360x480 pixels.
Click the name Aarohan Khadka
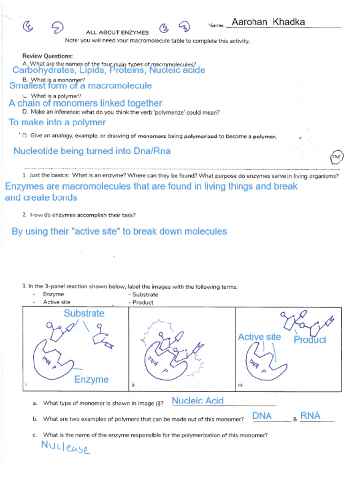coord(268,22)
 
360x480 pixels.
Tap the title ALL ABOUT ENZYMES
coord(117,33)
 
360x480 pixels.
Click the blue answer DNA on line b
coord(262,416)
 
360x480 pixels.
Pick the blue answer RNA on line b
coord(310,416)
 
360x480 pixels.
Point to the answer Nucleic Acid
coord(197,401)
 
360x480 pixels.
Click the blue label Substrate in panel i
coord(84,313)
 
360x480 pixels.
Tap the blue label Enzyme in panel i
coord(91,379)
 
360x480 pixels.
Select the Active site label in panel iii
coord(259,337)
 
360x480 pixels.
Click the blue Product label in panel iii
coord(310,340)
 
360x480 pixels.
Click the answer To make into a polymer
coord(57,122)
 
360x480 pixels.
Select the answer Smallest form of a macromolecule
coord(81,86)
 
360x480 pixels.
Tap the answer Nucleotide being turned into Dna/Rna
coord(92,151)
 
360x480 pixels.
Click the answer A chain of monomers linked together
coord(85,103)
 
